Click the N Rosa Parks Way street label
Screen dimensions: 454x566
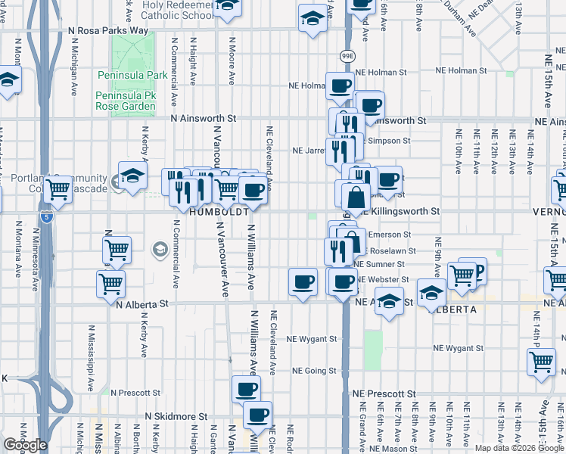(108, 30)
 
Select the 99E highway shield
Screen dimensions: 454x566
(347, 56)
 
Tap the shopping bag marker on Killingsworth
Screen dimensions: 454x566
(355, 198)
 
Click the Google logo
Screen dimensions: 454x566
(26, 445)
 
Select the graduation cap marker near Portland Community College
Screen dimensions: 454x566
(132, 177)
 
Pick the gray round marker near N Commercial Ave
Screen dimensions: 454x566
(160, 249)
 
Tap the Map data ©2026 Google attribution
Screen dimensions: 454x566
(518, 448)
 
